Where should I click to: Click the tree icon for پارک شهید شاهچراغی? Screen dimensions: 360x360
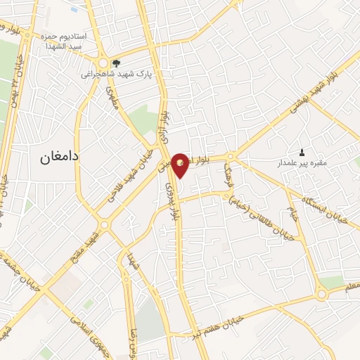pyautogui.click(x=117, y=63)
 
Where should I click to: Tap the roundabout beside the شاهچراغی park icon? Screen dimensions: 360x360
pyautogui.click(x=103, y=63)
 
